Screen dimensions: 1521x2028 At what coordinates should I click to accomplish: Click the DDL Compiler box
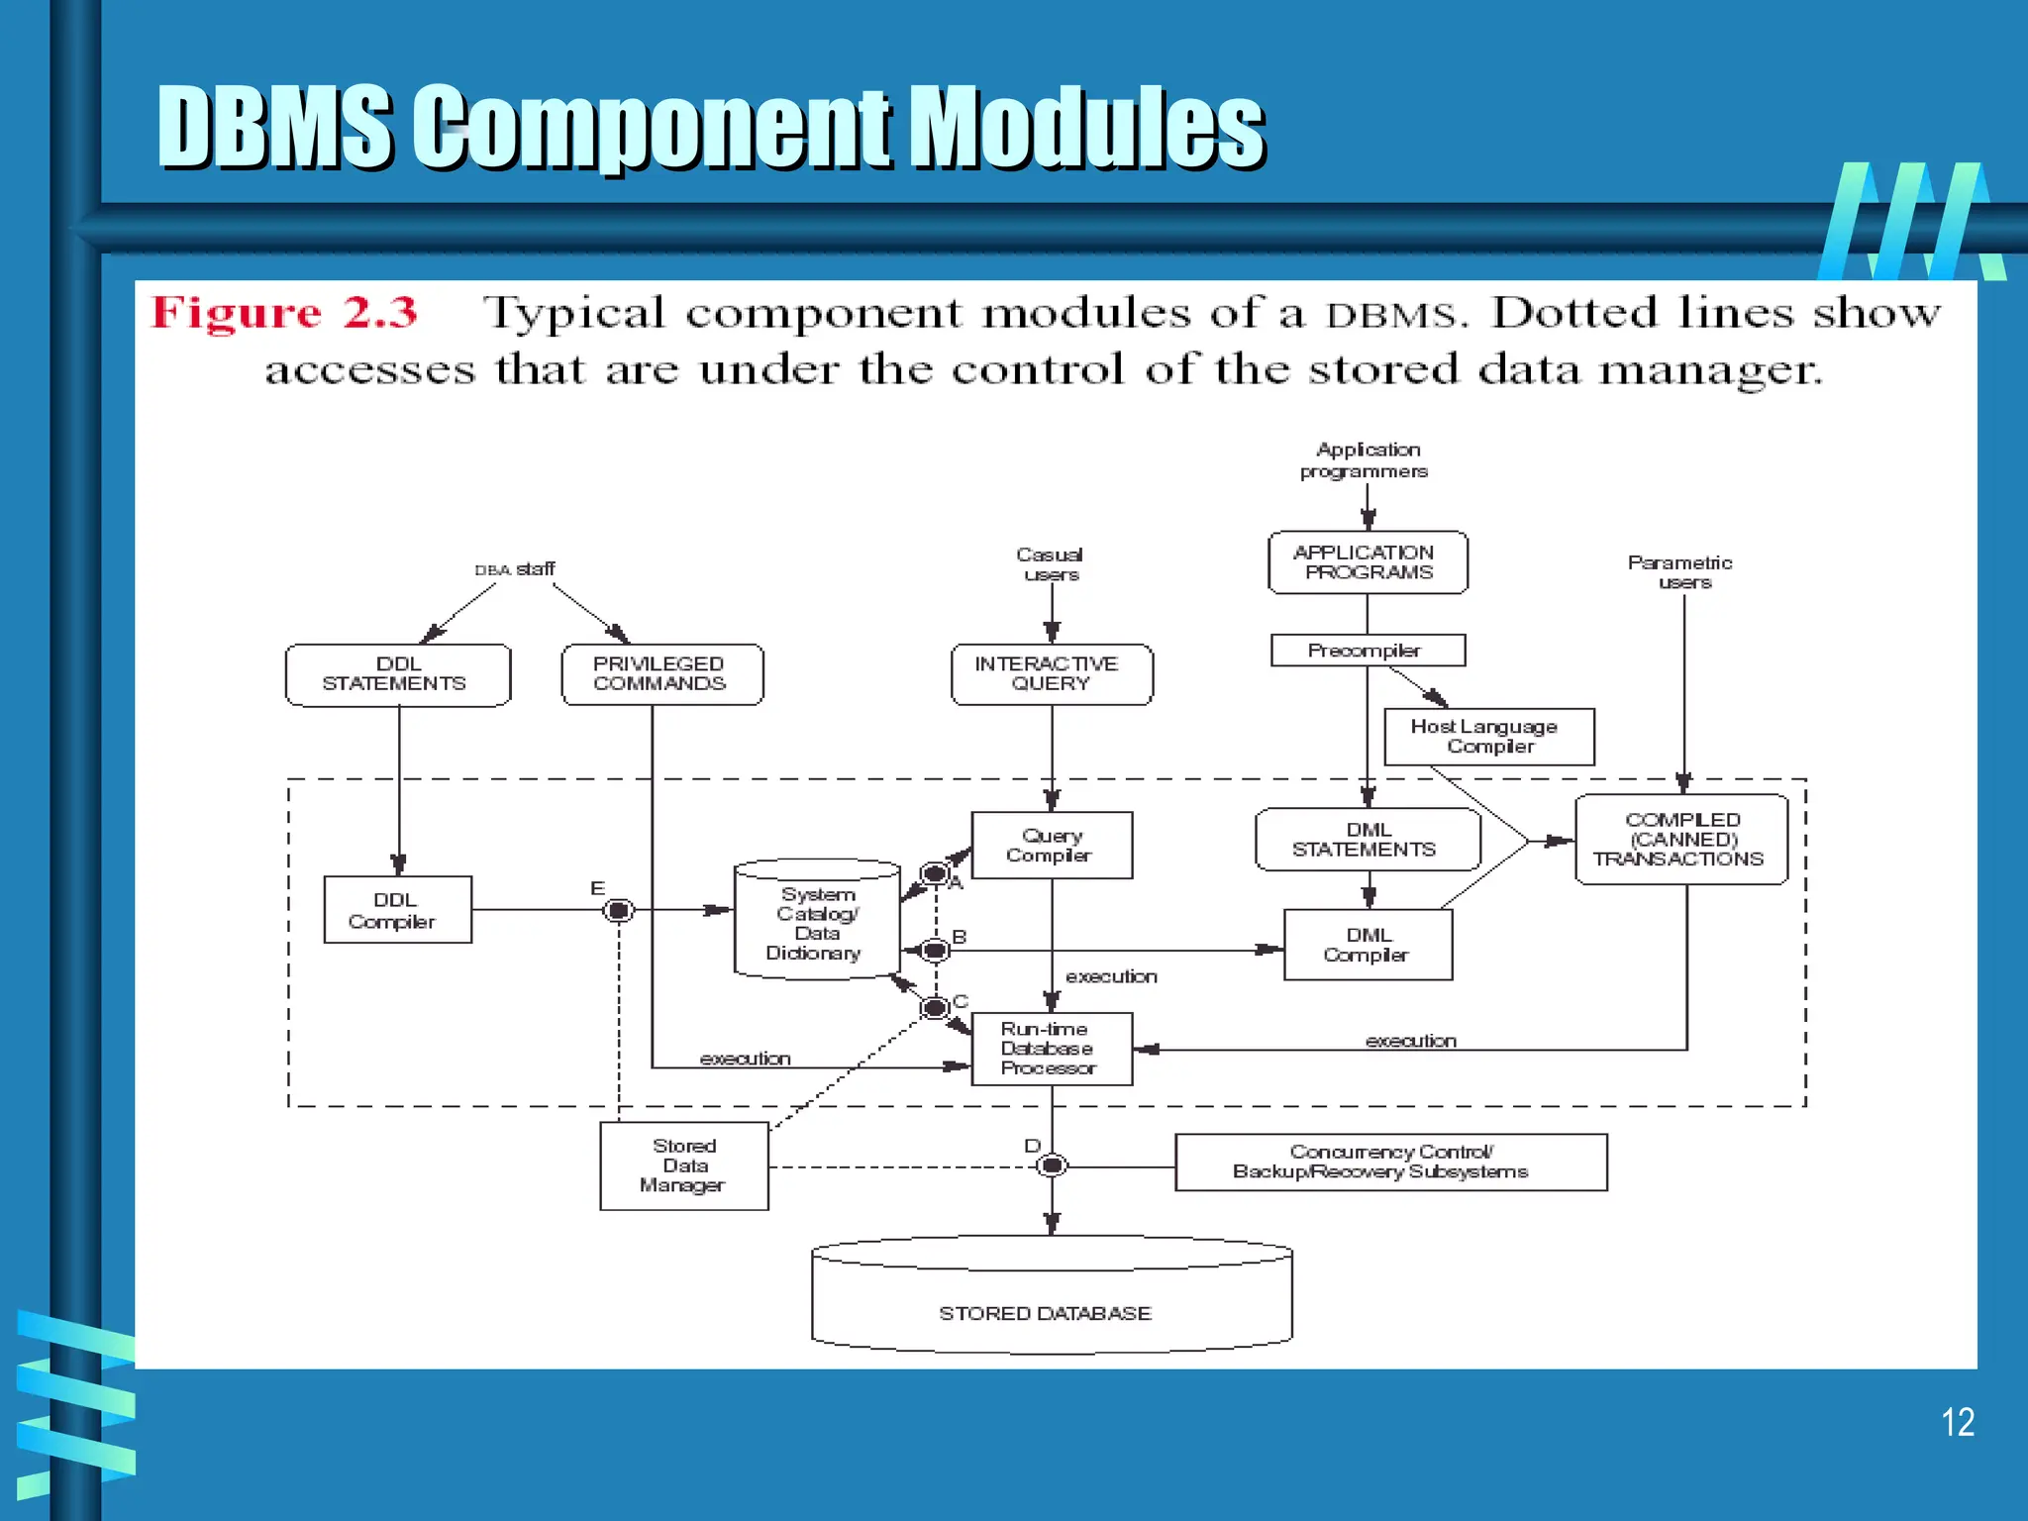coord(397,910)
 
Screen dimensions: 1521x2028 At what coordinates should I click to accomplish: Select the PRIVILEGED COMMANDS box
coord(661,674)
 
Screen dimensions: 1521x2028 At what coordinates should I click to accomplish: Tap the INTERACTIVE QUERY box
coord(1051,674)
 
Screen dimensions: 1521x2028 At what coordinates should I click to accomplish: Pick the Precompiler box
coord(1367,651)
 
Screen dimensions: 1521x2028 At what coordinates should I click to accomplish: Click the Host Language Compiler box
coord(1488,737)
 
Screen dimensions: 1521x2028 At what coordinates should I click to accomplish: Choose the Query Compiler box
coord(1051,846)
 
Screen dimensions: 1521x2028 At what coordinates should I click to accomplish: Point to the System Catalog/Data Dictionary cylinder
coord(816,923)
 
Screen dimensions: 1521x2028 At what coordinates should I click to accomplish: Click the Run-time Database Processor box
coord(1051,1049)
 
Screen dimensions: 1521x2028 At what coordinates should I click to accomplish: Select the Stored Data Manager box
coord(683,1166)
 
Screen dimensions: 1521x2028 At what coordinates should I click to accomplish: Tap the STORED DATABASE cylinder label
coord(1046,1313)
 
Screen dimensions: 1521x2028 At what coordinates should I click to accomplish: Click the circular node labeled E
coord(619,910)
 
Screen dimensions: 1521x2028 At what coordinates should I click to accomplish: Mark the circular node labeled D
coord(1052,1166)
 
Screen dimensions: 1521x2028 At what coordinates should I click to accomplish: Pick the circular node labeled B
coord(935,951)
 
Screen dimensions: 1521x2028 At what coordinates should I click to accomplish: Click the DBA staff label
coord(516,569)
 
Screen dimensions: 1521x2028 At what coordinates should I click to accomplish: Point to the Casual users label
coord(1051,564)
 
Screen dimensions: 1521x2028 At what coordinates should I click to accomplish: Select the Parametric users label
coord(1680,572)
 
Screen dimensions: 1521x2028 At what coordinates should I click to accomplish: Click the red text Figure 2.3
coord(284,313)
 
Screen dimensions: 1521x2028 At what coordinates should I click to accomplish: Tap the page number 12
coord(1957,1423)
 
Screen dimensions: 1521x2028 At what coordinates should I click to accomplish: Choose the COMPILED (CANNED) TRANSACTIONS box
coord(1680,840)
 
